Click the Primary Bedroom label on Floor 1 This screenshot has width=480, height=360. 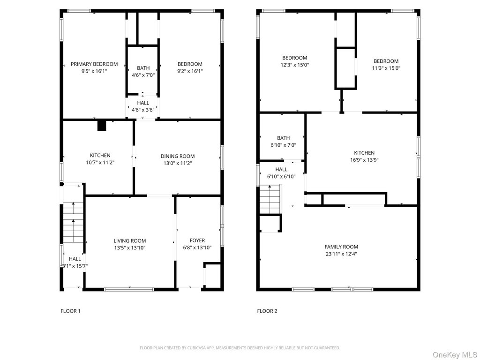tap(94, 64)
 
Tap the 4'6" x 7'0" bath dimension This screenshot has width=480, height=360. tap(143, 75)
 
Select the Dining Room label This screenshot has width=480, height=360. tap(178, 156)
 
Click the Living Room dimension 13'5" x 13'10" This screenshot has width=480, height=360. tap(130, 248)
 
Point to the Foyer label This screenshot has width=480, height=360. tap(197, 240)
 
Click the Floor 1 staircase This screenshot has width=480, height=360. tap(73, 222)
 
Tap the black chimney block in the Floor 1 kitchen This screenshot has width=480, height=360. tap(102, 126)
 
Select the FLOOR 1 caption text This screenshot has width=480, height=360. tap(70, 311)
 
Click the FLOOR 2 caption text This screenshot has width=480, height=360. tap(267, 311)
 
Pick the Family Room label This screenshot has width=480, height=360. tap(341, 247)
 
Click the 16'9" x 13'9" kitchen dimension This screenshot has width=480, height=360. tap(364, 160)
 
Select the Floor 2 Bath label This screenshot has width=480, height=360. tap(284, 138)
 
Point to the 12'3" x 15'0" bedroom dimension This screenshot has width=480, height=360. tap(295, 65)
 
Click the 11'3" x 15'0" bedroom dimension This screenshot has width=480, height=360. tap(386, 68)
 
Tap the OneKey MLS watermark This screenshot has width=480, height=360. tap(455, 355)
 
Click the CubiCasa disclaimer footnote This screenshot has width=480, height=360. tap(240, 348)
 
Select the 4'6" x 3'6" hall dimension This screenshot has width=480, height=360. tap(143, 110)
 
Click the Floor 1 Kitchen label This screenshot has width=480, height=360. tap(100, 156)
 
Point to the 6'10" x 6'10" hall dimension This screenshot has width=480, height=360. tap(281, 177)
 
